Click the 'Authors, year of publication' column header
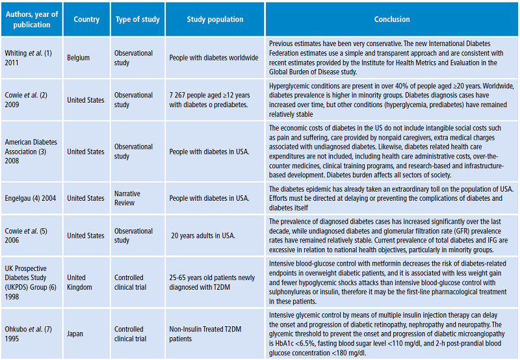[x=31, y=19]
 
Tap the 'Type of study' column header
[x=136, y=19]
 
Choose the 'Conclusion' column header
[x=392, y=19]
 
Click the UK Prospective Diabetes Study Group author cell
[x=31, y=283]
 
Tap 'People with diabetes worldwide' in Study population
[x=214, y=57]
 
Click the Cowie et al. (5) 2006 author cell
[x=26, y=236]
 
